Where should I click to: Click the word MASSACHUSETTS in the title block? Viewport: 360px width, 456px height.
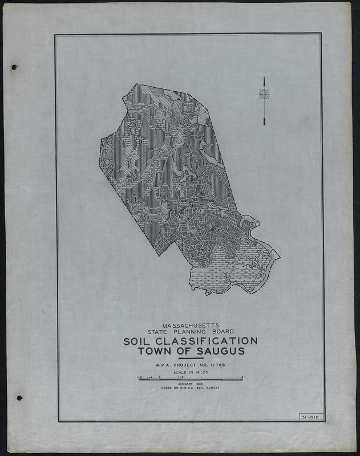click(x=191, y=325)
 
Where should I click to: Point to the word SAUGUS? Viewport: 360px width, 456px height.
click(x=220, y=351)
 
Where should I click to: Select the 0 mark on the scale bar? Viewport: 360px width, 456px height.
click(x=160, y=377)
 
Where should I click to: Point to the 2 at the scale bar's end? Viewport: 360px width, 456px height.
click(x=242, y=377)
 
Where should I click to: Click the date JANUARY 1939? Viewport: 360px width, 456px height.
click(x=190, y=384)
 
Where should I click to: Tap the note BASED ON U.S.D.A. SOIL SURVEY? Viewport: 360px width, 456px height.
click(x=190, y=388)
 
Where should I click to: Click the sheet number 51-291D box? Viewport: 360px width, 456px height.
click(x=311, y=418)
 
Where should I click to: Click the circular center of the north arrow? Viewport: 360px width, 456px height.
click(x=264, y=94)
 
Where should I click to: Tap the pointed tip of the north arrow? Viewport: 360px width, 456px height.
click(x=264, y=78)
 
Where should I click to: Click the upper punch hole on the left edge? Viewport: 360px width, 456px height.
click(x=14, y=67)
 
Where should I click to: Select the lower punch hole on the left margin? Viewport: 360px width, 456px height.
click(x=19, y=397)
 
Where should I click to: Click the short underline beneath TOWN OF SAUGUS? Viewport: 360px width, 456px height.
click(x=191, y=358)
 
